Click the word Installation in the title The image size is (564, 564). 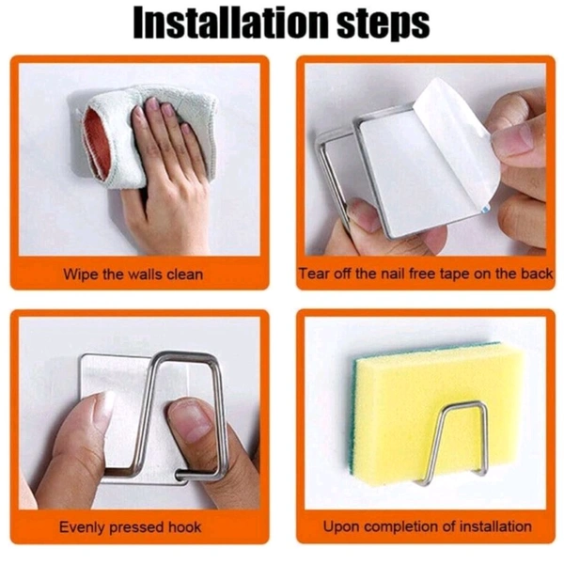(231, 23)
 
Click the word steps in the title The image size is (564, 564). (384, 24)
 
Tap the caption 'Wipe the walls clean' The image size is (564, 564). (133, 274)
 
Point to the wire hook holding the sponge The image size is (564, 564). (454, 443)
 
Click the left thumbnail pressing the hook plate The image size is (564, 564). (102, 406)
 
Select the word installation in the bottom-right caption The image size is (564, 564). (495, 526)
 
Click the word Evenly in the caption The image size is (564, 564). (83, 527)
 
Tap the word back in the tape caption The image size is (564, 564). (537, 274)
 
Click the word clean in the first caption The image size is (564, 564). (185, 274)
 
